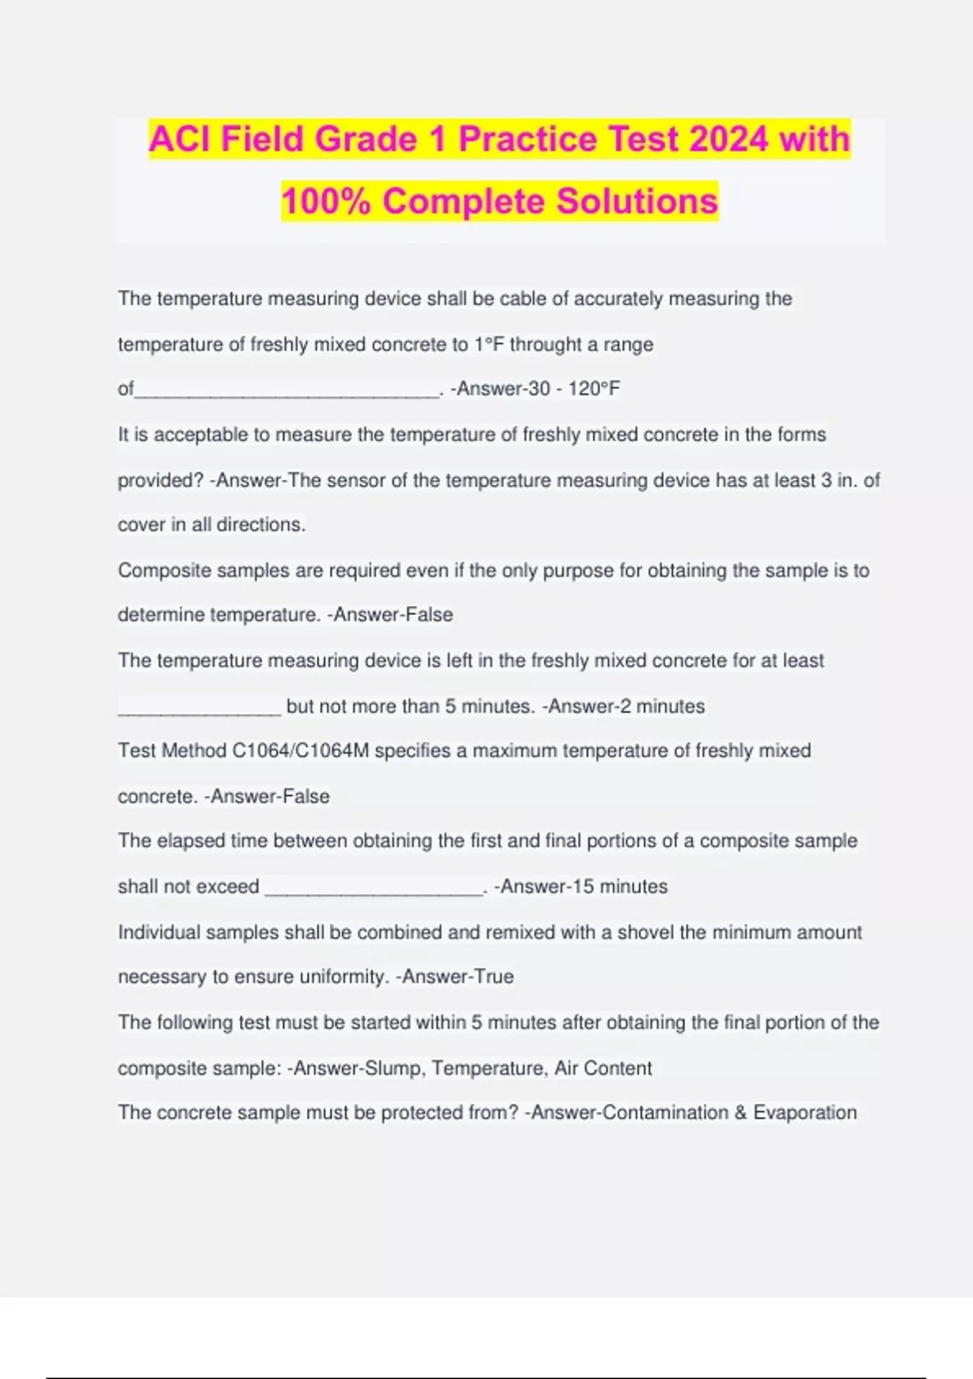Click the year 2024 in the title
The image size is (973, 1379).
coord(728,139)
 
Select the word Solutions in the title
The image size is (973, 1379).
coord(638,201)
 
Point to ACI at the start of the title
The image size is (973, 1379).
coord(179,139)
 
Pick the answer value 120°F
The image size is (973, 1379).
coord(594,389)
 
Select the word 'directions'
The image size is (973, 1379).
coord(259,525)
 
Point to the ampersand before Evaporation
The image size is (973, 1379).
coord(740,1112)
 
